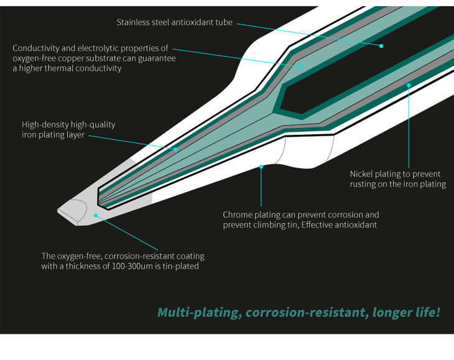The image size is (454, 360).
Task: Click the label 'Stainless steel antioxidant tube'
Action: pos(174,22)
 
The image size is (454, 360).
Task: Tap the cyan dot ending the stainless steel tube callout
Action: pos(381,46)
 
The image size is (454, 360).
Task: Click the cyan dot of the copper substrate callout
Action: pos(299,65)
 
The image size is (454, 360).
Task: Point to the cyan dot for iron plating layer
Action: pos(175,149)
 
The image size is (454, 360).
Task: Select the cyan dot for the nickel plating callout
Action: pos(409,83)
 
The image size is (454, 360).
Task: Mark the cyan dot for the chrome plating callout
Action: pos(261,167)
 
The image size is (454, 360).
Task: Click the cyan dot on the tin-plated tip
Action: pos(95,215)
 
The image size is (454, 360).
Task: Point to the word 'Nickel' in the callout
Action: pos(362,173)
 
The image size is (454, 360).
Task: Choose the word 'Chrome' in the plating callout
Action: pos(238,215)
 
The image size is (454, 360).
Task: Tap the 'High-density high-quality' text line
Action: pos(68,124)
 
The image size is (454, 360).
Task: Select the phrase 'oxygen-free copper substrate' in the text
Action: pos(65,58)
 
